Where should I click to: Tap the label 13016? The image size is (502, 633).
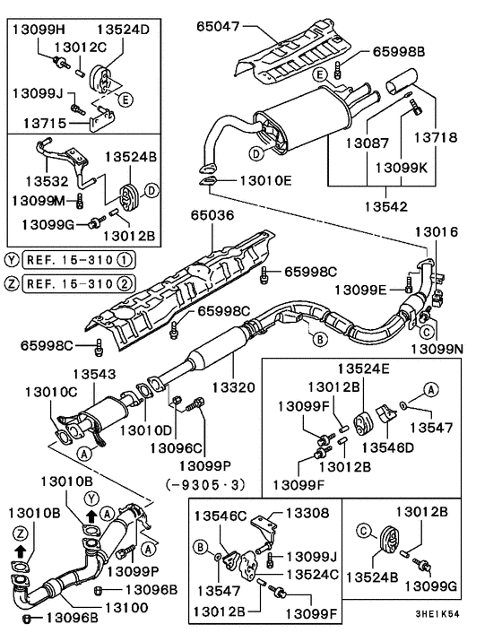[437, 231]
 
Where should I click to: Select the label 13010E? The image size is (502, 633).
[265, 180]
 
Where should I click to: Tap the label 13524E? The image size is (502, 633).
[363, 368]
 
